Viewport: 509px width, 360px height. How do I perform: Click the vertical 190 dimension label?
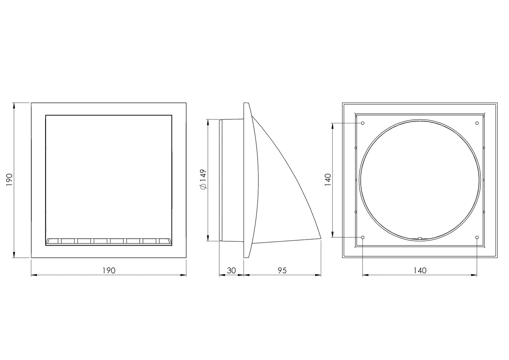(9, 180)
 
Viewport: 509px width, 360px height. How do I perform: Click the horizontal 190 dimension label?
(109, 271)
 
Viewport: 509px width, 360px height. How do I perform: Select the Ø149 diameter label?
(203, 180)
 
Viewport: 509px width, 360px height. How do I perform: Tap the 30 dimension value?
(231, 271)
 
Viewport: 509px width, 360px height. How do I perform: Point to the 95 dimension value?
(282, 271)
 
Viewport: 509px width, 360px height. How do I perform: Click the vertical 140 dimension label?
(328, 180)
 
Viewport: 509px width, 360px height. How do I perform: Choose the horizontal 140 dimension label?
(420, 271)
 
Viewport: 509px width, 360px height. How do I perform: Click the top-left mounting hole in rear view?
(363, 123)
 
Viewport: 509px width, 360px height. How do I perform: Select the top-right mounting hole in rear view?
(477, 123)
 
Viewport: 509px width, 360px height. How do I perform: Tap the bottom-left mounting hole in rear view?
(363, 237)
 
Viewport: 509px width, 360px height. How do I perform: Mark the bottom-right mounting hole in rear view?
(477, 237)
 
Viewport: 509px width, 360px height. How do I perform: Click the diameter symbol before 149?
(203, 187)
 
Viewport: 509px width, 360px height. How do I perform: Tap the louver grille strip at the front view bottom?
(109, 241)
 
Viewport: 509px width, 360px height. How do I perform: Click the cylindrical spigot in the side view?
(231, 180)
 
